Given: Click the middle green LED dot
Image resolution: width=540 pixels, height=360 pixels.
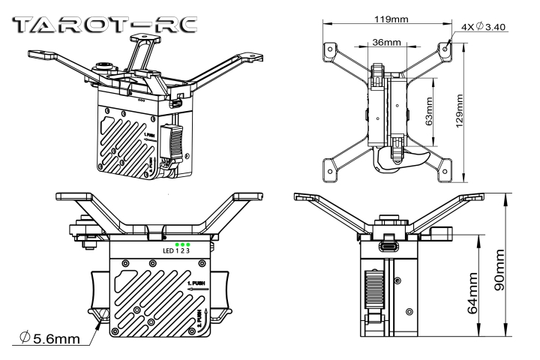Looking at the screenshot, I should (182, 244).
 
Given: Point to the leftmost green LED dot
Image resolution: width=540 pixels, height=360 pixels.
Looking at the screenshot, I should (176, 244).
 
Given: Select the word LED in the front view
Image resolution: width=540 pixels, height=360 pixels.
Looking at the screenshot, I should (169, 251).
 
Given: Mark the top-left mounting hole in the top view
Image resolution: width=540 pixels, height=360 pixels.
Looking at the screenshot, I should (328, 47).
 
